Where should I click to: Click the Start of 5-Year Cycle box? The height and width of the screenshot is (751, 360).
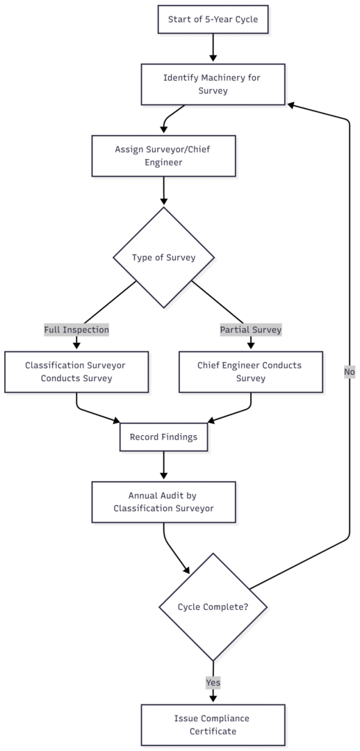(x=213, y=19)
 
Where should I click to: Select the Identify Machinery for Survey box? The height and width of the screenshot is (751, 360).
(x=213, y=84)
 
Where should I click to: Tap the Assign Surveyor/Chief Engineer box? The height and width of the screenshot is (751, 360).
(x=163, y=156)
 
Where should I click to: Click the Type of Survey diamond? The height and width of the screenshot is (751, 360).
(x=163, y=257)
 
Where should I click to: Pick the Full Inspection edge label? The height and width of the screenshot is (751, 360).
(x=76, y=330)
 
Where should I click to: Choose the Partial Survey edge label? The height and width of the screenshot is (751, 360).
(x=251, y=330)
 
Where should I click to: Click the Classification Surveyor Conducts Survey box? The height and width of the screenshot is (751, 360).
(x=76, y=372)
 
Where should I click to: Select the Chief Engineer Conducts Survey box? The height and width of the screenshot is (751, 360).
(x=251, y=372)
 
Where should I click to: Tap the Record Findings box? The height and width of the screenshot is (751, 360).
(x=163, y=437)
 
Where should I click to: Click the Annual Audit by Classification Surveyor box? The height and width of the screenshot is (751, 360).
(x=163, y=502)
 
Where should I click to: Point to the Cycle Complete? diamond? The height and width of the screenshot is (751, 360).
(x=213, y=607)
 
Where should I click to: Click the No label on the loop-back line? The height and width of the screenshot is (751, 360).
(x=349, y=372)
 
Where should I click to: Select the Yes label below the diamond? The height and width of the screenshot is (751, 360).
(x=213, y=683)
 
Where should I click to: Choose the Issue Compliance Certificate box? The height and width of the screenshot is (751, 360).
(x=213, y=725)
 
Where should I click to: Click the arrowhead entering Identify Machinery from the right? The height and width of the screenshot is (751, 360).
(x=292, y=105)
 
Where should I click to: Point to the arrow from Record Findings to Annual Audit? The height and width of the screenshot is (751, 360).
(x=163, y=467)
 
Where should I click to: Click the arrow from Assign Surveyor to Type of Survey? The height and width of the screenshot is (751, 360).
(x=163, y=191)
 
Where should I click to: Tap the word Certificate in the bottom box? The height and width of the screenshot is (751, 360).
(x=213, y=732)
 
